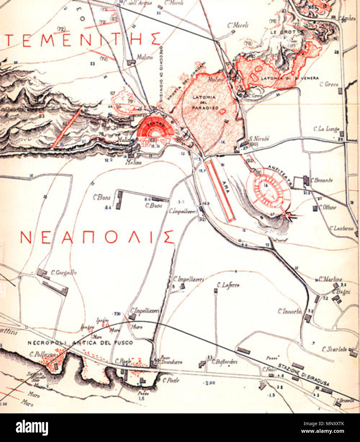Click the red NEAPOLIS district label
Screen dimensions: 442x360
(x=97, y=237)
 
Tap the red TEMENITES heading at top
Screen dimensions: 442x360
(x=81, y=39)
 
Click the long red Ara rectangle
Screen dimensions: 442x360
(x=220, y=190)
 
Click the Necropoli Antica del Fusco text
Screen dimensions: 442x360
(x=80, y=343)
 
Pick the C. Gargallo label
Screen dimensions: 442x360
(x=64, y=273)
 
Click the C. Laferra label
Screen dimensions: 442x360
(x=228, y=285)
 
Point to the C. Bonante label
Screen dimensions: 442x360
(x=322, y=180)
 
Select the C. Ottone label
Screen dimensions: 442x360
(x=329, y=207)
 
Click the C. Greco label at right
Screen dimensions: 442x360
(x=329, y=85)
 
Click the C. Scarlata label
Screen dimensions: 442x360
(x=334, y=349)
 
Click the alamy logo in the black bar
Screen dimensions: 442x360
(x=32, y=427)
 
